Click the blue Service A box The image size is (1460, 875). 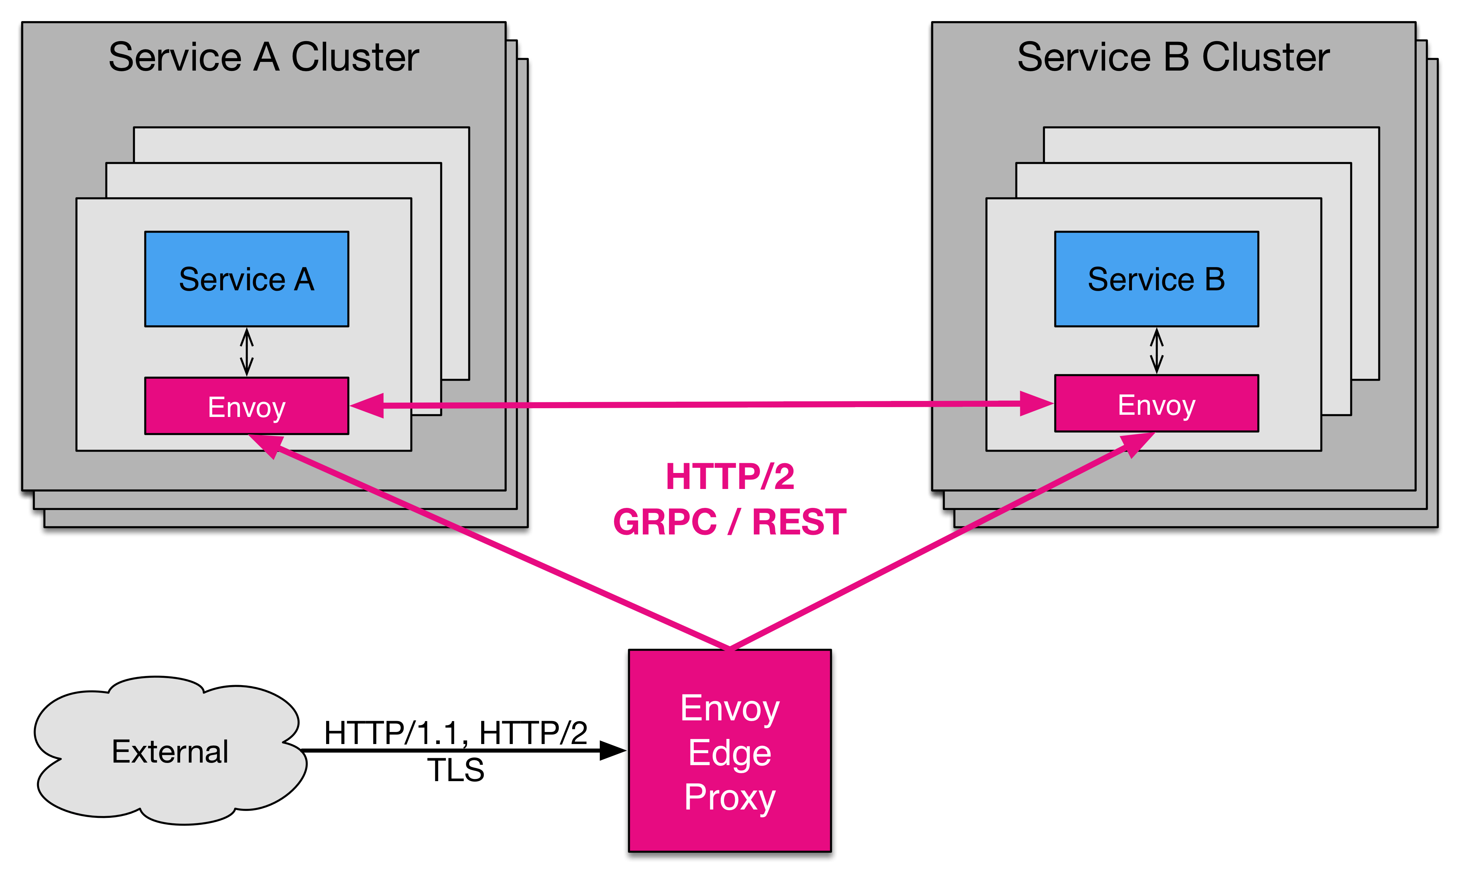246,279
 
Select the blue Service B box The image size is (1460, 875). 1156,279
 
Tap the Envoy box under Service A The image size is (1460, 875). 246,406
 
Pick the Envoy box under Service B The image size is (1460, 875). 1156,404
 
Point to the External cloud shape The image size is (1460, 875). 170,751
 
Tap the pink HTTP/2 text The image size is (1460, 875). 730,476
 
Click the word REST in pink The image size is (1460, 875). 799,522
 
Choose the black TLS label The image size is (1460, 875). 455,770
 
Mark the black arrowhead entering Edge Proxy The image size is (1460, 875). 612,751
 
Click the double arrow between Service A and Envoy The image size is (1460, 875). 246,352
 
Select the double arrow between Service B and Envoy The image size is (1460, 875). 1157,351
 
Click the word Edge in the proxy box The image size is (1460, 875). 730,753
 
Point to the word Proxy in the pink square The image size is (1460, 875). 730,798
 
